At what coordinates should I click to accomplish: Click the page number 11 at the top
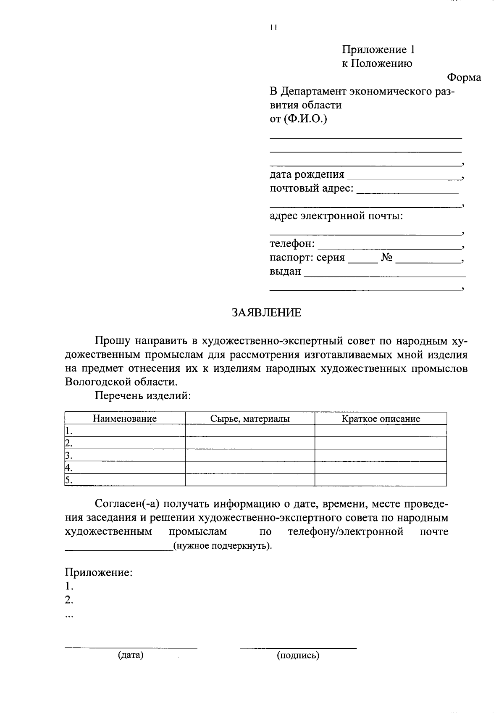click(x=273, y=28)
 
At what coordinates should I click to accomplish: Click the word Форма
click(x=464, y=78)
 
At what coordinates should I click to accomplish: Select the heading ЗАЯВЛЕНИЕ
click(x=266, y=313)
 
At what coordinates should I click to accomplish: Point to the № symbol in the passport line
click(x=387, y=258)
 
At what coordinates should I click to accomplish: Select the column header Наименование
click(x=125, y=418)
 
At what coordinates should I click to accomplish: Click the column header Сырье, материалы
click(x=250, y=418)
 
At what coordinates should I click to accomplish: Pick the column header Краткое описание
click(x=381, y=418)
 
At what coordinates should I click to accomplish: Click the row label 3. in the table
click(x=68, y=455)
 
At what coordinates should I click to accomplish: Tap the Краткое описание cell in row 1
click(x=381, y=431)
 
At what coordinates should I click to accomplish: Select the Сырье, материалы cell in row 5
click(x=250, y=480)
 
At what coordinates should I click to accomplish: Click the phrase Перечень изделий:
click(x=143, y=396)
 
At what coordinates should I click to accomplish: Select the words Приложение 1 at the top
click(x=378, y=50)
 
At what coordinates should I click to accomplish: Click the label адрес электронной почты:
click(x=336, y=216)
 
